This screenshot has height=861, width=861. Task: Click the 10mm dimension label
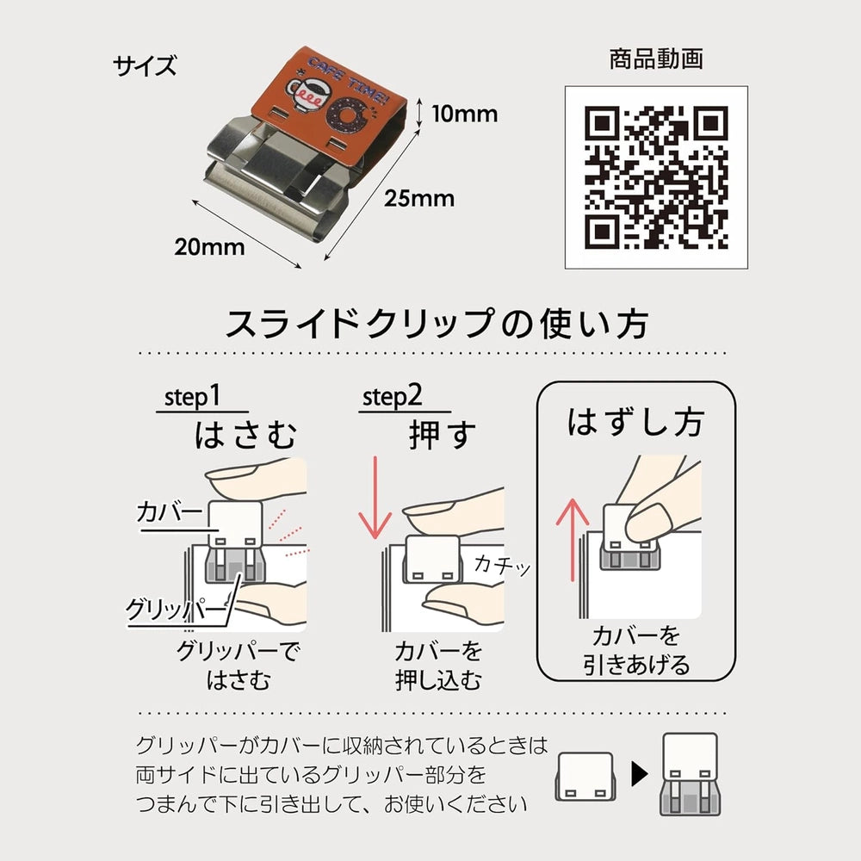465,115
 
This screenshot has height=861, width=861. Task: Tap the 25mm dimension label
419,199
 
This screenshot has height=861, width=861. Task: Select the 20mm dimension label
209,247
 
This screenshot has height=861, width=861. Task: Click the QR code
656,177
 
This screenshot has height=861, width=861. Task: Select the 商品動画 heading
656,59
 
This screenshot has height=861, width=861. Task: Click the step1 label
192,396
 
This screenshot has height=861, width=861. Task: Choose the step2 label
392,396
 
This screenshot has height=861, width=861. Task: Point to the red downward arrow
375,497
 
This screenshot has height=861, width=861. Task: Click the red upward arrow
573,539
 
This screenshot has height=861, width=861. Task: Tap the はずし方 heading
635,422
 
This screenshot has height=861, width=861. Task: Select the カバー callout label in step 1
170,511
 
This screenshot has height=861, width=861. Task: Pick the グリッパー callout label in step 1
176,609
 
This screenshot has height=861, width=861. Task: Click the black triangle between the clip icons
640,774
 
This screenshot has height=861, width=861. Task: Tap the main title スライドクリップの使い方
437,324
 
